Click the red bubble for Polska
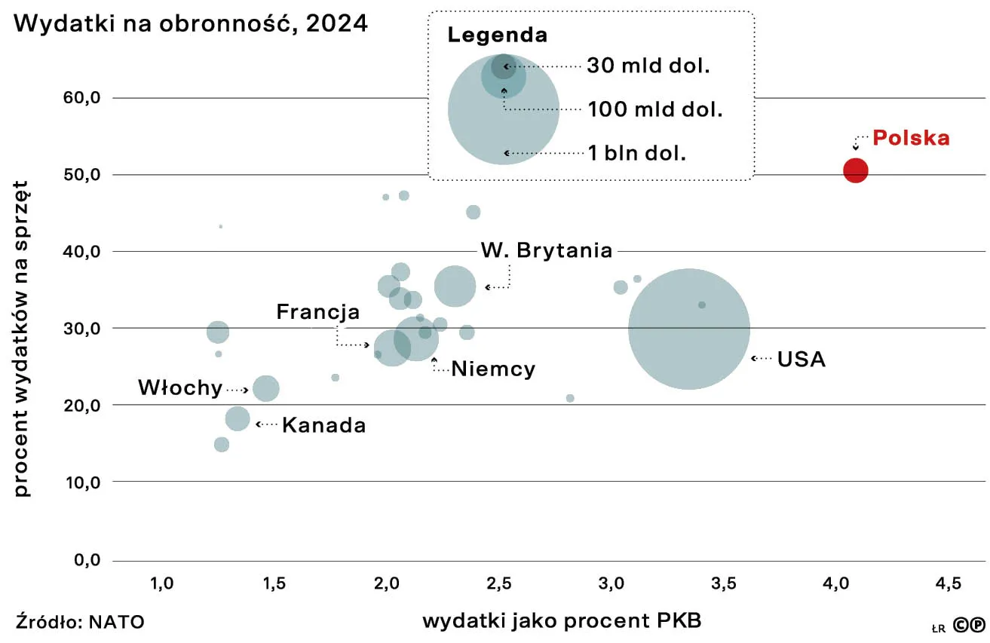point(855,170)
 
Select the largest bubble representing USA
point(688,329)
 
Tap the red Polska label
point(911,139)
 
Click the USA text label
point(801,360)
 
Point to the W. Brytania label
point(547,250)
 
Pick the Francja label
point(317,312)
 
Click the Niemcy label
point(493,369)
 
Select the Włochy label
point(180,388)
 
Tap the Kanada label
point(323,425)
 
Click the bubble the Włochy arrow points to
point(265,388)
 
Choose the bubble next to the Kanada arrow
point(238,418)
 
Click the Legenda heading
point(497,35)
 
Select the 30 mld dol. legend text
point(648,66)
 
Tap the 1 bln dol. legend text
point(636,153)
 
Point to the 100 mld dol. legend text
point(654,109)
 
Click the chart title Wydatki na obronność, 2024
point(191,23)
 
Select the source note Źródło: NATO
point(79,622)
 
